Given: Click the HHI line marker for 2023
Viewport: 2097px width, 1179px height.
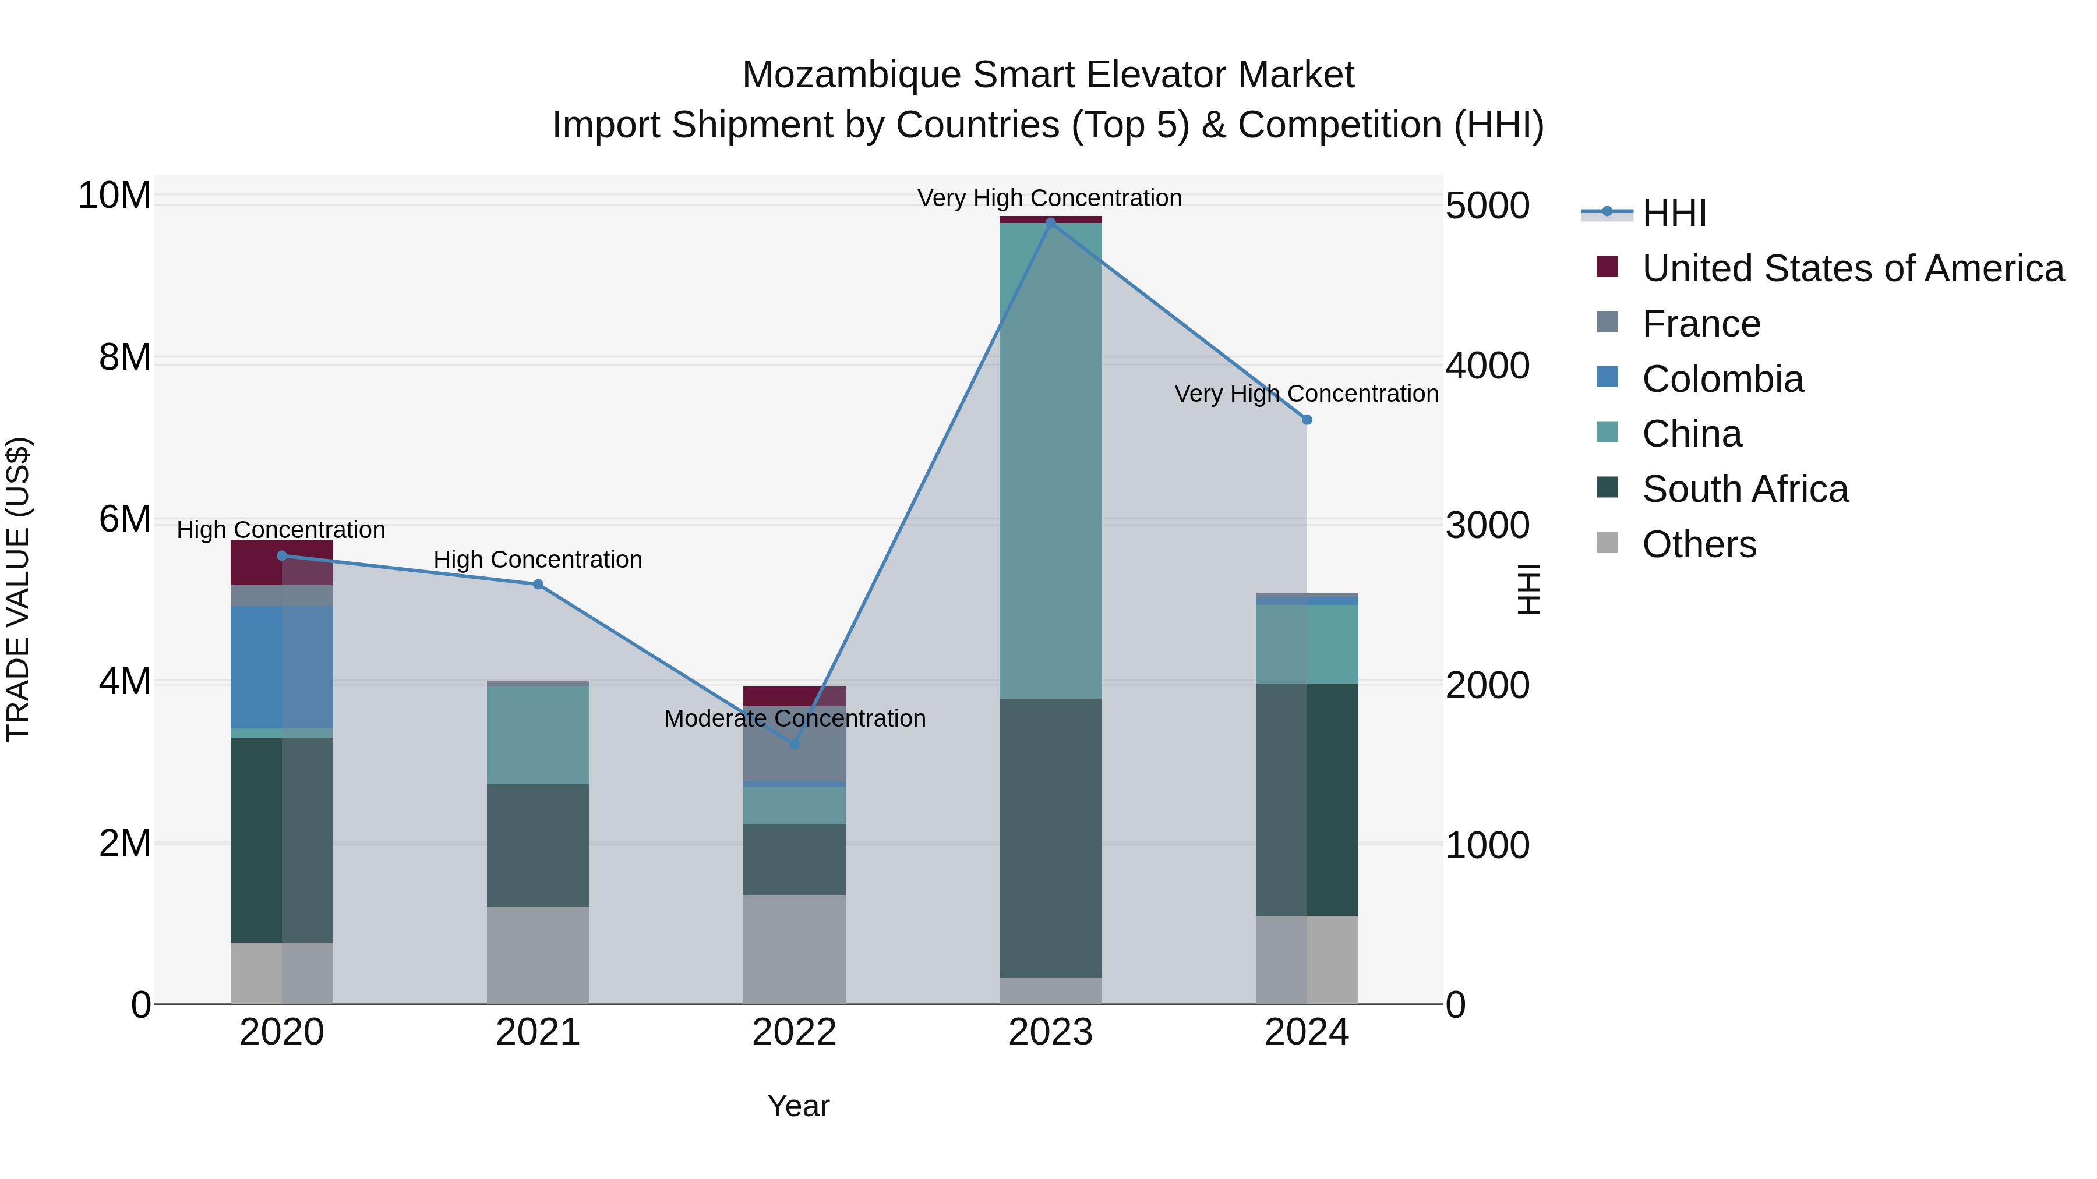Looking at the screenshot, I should point(1050,222).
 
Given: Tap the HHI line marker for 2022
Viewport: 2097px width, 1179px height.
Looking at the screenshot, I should point(795,745).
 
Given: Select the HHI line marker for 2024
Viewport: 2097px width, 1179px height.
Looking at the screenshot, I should point(1307,420).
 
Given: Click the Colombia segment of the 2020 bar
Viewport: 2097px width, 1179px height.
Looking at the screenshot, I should point(282,667).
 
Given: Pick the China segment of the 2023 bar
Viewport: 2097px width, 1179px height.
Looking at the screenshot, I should point(1050,461).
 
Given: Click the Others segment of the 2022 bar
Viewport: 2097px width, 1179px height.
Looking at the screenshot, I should point(794,949).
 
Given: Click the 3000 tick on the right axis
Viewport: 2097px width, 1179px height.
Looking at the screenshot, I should point(1487,526).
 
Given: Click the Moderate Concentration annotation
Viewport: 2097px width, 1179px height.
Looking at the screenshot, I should point(795,718).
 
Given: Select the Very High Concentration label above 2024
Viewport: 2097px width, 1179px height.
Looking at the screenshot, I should point(1306,394).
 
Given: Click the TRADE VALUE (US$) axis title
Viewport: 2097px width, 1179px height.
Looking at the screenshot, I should point(19,589).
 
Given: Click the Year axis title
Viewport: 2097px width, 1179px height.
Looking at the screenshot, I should point(798,1106).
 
